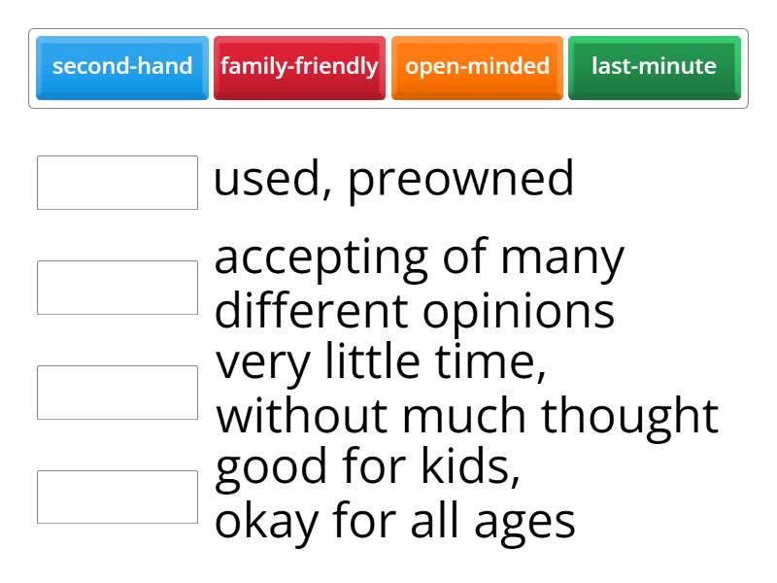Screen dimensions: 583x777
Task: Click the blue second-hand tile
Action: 122,67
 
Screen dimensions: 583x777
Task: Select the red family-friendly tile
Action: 299,67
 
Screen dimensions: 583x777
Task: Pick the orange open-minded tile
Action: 477,67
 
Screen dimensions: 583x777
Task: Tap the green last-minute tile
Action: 654,67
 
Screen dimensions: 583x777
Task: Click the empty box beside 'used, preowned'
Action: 118,183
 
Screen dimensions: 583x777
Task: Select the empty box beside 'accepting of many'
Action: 118,288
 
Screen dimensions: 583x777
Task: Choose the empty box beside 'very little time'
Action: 118,393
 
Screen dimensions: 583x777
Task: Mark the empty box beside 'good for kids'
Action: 118,497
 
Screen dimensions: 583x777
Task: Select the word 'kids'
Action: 471,469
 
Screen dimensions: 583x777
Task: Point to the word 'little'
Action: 381,364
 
